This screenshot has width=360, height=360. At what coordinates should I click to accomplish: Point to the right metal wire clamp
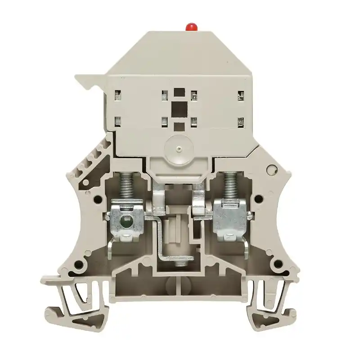point(230,218)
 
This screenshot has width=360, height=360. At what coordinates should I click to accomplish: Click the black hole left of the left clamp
point(96,198)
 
